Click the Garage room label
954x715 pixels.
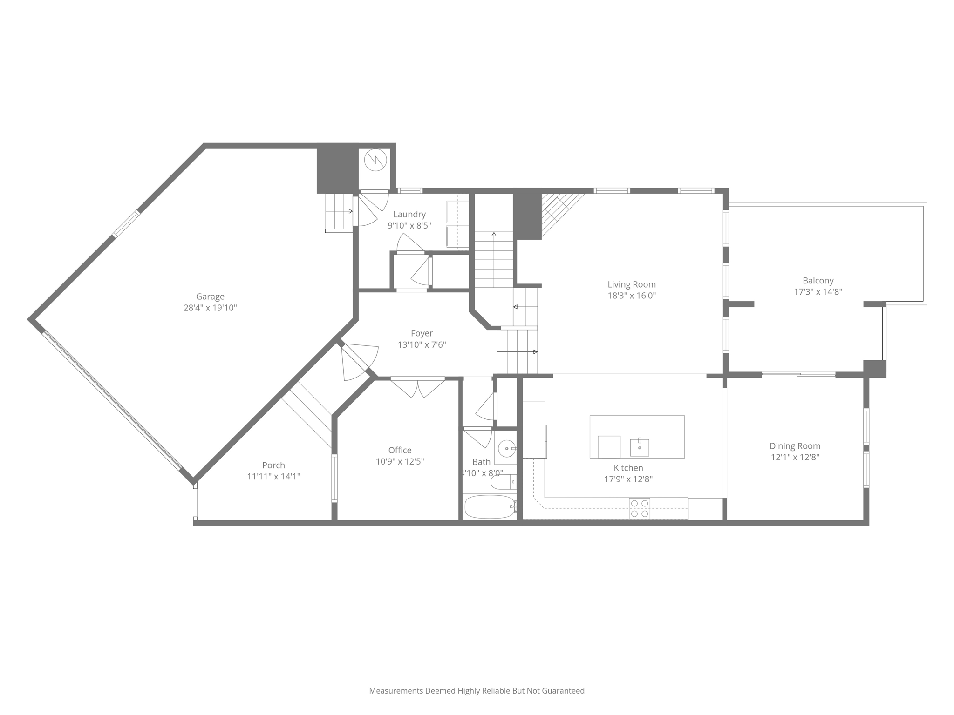tap(210, 297)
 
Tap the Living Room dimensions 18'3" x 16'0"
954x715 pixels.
tap(631, 296)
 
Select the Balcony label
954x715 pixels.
tap(818, 281)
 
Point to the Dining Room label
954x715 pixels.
tap(795, 446)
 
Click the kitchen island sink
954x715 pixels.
tap(639, 447)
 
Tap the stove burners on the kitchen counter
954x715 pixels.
tap(639, 508)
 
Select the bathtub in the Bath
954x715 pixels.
tap(489, 507)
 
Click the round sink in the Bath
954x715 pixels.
tap(506, 449)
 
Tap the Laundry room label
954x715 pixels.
tap(409, 214)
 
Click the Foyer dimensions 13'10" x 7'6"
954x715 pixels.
tap(422, 345)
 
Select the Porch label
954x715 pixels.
tap(273, 465)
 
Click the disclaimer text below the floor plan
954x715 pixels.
tap(477, 691)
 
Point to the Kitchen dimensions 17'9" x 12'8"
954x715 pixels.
tap(628, 479)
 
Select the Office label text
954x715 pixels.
tap(400, 450)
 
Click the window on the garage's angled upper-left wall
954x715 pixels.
tap(126, 224)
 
